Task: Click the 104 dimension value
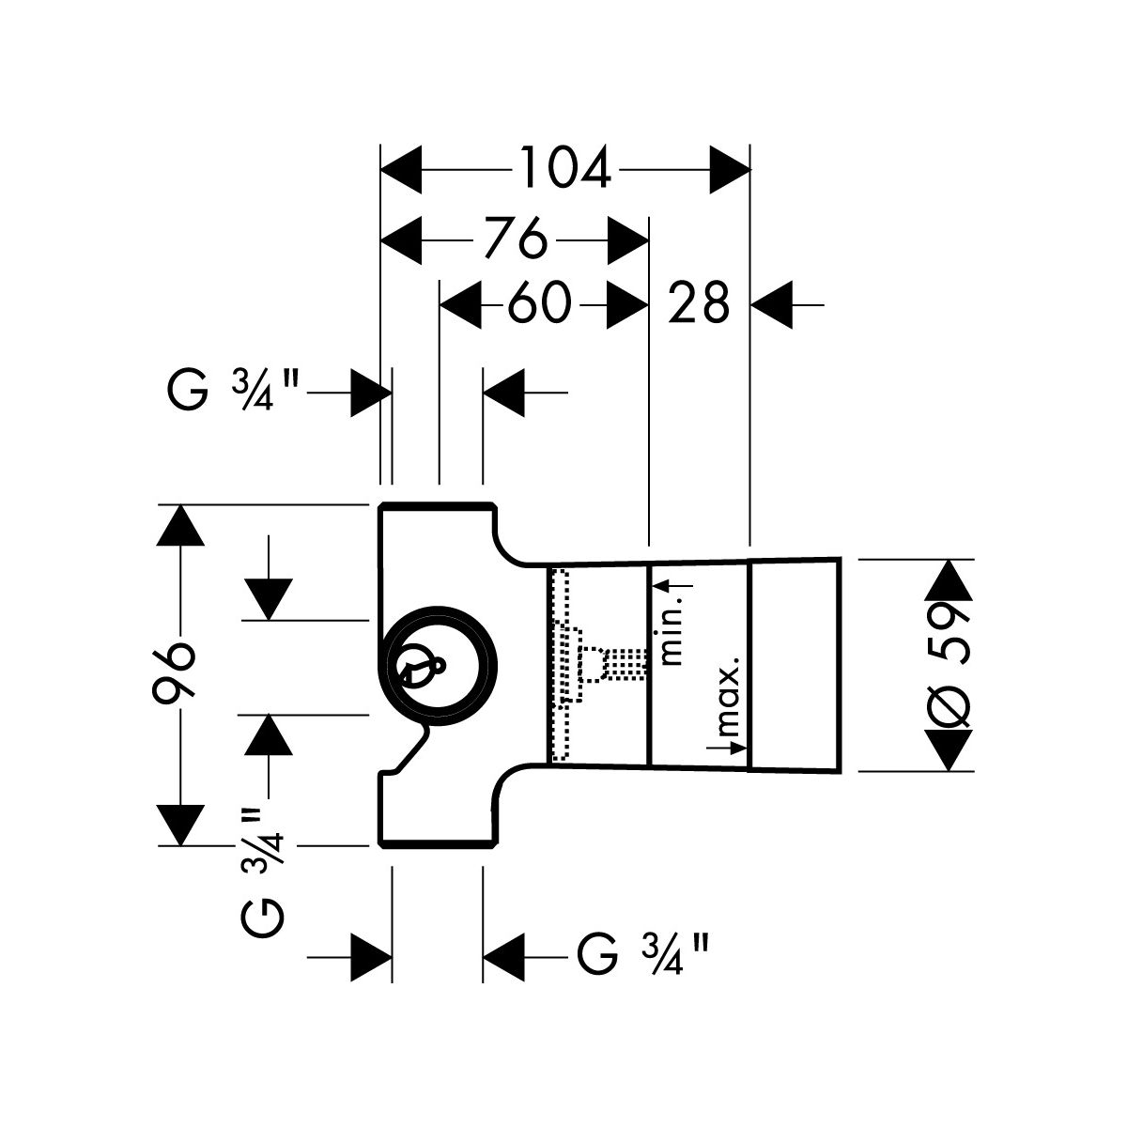[x=565, y=169]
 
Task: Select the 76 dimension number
[x=516, y=240]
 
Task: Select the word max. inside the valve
[x=728, y=697]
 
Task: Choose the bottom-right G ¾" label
[x=641, y=959]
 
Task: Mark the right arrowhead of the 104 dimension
[x=731, y=169]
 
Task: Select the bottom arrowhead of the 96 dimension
[x=179, y=825]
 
